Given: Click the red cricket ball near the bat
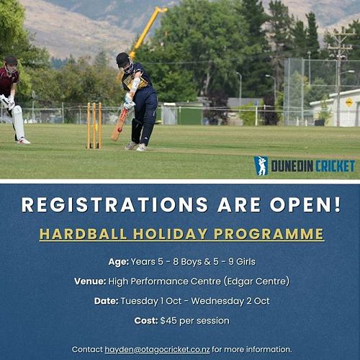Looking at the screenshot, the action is coord(120,130).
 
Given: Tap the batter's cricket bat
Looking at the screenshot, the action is coord(119,125).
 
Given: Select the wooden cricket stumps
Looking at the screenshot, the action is coord(94,125).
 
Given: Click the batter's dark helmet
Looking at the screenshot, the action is coord(123,60).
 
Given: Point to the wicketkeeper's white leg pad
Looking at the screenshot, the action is coord(18,122).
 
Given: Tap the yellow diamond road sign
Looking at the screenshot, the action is coord(349,102).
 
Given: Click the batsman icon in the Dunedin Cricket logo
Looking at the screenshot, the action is coord(261,166).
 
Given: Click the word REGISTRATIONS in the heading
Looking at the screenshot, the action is coord(114,204).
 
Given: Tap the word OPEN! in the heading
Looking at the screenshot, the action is coord(305,204).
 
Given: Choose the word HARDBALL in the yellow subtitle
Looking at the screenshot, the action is coord(83,234).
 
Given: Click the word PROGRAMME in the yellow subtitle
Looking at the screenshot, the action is coord(269,234).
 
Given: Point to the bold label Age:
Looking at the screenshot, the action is coord(119,261).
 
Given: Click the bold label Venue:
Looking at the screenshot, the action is coord(90,282).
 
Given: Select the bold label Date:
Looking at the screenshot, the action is coord(106,301).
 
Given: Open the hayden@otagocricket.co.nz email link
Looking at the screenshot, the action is coord(158,350).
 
